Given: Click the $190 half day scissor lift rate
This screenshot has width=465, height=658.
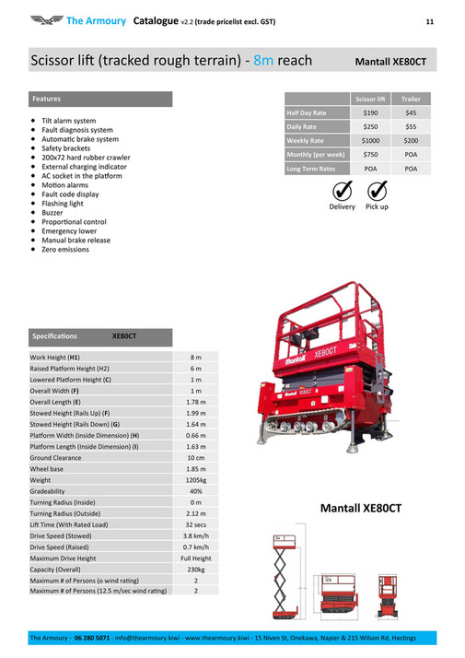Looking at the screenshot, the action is tap(370, 112).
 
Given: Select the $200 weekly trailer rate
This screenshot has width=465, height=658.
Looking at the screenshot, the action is tap(411, 140).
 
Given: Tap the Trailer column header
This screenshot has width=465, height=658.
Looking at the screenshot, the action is tap(411, 98).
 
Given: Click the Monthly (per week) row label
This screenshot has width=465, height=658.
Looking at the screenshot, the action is tap(316, 155).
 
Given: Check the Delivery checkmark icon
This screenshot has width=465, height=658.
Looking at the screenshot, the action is tap(342, 191).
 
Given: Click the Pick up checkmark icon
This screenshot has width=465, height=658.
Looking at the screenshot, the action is tap(377, 191).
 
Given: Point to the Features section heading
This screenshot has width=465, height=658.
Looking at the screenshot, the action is tap(47, 98).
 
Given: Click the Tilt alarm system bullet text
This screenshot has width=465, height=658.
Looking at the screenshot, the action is tap(68, 121).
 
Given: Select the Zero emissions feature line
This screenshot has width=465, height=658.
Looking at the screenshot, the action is tap(65, 249).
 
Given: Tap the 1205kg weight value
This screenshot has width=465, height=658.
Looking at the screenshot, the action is tap(195, 480).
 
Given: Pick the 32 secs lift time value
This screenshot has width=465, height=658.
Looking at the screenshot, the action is tap(195, 524).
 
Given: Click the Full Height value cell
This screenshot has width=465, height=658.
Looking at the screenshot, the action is tap(195, 558).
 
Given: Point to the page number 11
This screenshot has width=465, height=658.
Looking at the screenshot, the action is tap(429, 19).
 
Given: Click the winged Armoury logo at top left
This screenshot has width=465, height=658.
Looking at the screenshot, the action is tap(45, 19).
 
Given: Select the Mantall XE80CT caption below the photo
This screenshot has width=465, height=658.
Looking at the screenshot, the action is tap(361, 509).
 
